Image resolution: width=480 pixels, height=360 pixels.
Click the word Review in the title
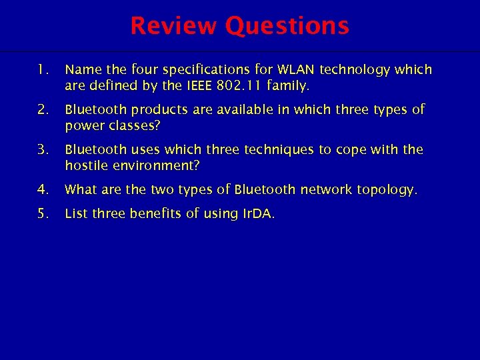tap(175, 26)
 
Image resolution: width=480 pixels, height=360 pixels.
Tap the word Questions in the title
tap(287, 26)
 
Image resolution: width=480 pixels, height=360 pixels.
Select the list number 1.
tap(43, 69)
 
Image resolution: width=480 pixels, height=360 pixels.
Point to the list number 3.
tap(43, 149)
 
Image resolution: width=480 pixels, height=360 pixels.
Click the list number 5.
tap(43, 213)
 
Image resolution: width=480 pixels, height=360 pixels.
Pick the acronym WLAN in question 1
tap(296, 69)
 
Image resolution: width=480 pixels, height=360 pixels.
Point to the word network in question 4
tap(326, 189)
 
